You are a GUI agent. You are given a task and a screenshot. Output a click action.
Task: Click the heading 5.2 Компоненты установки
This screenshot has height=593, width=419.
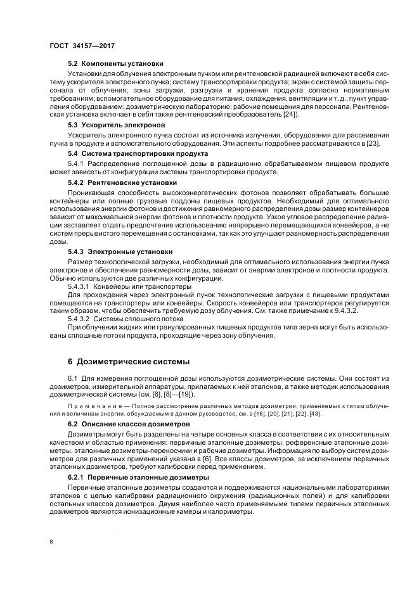tap(115, 63)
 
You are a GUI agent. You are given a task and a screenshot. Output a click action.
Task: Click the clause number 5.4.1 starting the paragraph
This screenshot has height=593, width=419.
tap(77, 163)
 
